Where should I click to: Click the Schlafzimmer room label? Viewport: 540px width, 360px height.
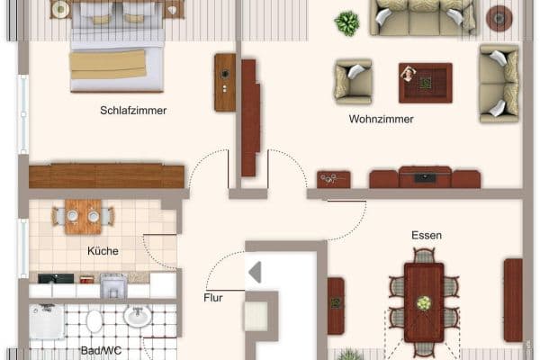[133, 111]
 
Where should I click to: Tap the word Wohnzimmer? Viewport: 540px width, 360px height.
[381, 119]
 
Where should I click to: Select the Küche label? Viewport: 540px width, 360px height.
[103, 251]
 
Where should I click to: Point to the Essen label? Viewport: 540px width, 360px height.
[427, 235]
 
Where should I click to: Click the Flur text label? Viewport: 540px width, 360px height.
[213, 297]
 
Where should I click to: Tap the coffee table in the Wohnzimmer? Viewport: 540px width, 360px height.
[425, 83]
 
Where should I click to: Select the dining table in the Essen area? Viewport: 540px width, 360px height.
[423, 301]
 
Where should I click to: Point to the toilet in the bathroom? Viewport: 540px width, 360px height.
[94, 320]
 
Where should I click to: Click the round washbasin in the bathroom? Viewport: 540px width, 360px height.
[137, 316]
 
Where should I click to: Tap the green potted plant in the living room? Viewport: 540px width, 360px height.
[346, 22]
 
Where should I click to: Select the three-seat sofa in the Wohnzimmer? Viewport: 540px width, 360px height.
[421, 18]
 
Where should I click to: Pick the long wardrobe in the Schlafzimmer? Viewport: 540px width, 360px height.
[106, 175]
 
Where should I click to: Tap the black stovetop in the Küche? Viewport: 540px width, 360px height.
[56, 279]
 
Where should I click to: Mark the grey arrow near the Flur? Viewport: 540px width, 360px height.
[256, 272]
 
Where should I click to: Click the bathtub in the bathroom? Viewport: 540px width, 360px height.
[46, 321]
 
